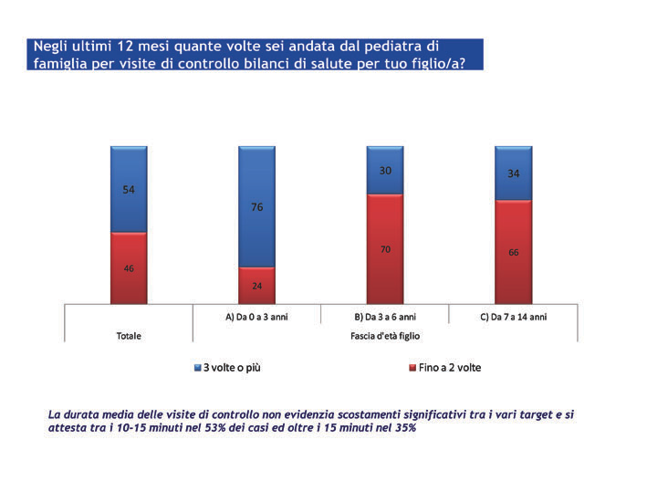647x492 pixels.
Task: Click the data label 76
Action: [x=257, y=207]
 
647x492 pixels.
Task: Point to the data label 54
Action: [x=129, y=190]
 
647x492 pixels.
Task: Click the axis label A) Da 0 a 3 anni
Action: [x=256, y=315]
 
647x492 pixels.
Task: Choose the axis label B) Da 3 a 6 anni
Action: [x=384, y=315]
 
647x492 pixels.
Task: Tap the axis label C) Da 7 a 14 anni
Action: [x=513, y=315]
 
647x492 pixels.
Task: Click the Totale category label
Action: [x=129, y=336]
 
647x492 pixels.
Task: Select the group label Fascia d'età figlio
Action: [x=384, y=336]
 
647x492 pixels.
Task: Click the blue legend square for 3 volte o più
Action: [x=198, y=368]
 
